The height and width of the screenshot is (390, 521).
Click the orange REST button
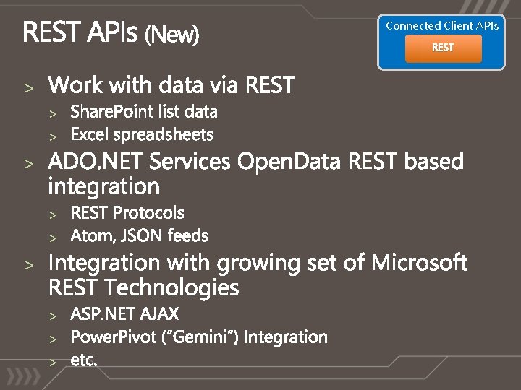click(443, 48)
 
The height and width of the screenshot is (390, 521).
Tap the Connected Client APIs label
click(442, 25)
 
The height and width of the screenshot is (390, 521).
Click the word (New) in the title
click(172, 34)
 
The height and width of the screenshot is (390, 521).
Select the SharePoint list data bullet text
click(143, 112)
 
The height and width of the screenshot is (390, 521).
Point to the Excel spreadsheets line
click(142, 134)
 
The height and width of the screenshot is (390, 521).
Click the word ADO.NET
click(82, 162)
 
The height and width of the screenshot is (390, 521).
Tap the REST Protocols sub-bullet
click(127, 213)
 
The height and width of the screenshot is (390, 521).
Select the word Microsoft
click(420, 263)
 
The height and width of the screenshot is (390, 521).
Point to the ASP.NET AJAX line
click(124, 314)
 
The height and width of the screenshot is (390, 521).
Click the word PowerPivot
click(101, 337)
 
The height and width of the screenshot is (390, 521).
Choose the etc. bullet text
click(83, 360)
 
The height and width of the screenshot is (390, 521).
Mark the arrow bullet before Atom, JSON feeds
click(52, 237)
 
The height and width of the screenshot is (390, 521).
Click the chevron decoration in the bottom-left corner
click(22, 377)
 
